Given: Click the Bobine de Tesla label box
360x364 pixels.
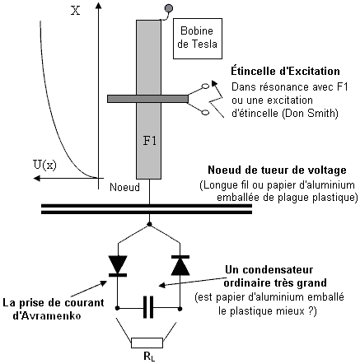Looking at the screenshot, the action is pyautogui.click(x=198, y=39).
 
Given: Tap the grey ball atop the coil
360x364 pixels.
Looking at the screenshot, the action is pyautogui.click(x=169, y=9).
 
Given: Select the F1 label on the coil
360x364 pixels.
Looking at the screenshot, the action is pyautogui.click(x=150, y=141).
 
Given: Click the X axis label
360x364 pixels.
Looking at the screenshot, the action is pyautogui.click(x=76, y=12).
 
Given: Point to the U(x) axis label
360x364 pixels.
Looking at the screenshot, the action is pyautogui.click(x=44, y=165).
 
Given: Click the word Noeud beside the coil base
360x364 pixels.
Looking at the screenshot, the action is pyautogui.click(x=124, y=187).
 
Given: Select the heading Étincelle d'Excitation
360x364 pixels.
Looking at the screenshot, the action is pyautogui.click(x=285, y=72).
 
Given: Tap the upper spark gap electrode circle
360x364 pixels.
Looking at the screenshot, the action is pyautogui.click(x=205, y=86).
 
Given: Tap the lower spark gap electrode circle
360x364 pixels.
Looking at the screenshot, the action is pyautogui.click(x=205, y=112).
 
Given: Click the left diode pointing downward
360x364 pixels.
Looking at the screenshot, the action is pyautogui.click(x=118, y=265).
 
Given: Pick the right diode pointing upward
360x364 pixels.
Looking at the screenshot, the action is pyautogui.click(x=180, y=265).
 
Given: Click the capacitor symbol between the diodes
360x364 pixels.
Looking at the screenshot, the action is pyautogui.click(x=148, y=307).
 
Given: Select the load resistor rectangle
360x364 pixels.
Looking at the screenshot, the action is pyautogui.click(x=147, y=343).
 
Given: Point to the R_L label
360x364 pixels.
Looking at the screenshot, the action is pyautogui.click(x=149, y=357).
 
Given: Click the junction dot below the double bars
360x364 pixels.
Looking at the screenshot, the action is pyautogui.click(x=149, y=224).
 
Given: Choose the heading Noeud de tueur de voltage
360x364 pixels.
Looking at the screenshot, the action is pyautogui.click(x=277, y=170).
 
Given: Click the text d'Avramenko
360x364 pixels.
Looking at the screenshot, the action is pyautogui.click(x=47, y=315).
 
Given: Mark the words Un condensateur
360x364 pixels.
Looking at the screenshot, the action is pyautogui.click(x=269, y=269).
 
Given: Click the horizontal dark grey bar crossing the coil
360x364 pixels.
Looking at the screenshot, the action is pyautogui.click(x=147, y=99).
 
